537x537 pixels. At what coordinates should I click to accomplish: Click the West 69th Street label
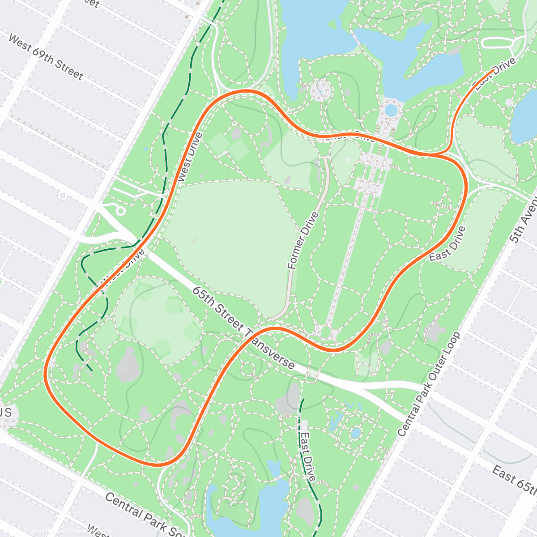(x=46, y=58)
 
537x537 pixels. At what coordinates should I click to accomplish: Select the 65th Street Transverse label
(x=243, y=328)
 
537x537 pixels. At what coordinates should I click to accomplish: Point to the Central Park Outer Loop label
(x=429, y=384)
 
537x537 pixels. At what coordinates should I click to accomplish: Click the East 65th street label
(x=515, y=480)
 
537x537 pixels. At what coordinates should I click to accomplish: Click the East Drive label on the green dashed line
(x=308, y=456)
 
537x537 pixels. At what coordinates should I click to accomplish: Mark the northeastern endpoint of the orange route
(x=493, y=70)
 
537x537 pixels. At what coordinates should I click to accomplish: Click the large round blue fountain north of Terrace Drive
(x=391, y=109)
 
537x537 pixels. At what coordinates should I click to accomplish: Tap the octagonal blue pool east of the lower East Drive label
(x=356, y=433)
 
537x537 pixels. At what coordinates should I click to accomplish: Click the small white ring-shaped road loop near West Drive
(x=120, y=211)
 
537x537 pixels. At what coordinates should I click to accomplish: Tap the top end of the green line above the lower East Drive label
(x=303, y=399)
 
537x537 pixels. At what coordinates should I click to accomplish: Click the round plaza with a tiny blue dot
(x=320, y=90)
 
